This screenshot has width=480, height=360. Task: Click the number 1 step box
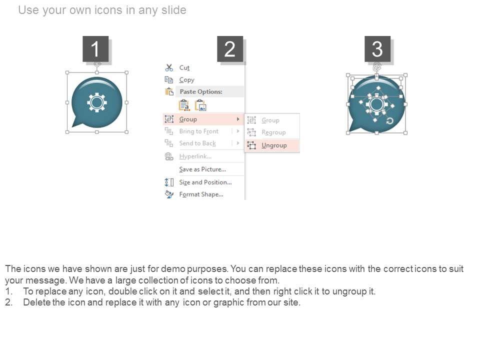[95, 49]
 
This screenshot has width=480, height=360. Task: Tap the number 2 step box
[230, 49]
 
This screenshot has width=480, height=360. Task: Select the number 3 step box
[377, 49]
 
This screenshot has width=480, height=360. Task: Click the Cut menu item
[184, 67]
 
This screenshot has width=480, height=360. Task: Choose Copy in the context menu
[186, 80]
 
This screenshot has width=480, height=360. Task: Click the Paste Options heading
[201, 91]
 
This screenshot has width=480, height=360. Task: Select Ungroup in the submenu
[274, 145]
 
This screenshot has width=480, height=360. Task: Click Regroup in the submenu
[273, 132]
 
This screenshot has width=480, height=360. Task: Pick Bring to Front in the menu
[198, 131]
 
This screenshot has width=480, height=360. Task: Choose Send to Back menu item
[197, 143]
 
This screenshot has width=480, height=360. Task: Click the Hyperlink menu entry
[195, 156]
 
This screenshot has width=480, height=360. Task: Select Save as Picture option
[202, 169]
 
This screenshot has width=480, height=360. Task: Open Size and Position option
[205, 182]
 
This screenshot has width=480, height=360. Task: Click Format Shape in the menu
[201, 194]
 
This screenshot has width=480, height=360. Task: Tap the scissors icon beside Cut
[169, 67]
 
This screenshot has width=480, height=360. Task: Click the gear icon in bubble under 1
[96, 102]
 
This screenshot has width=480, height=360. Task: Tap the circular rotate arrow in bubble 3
[389, 121]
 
